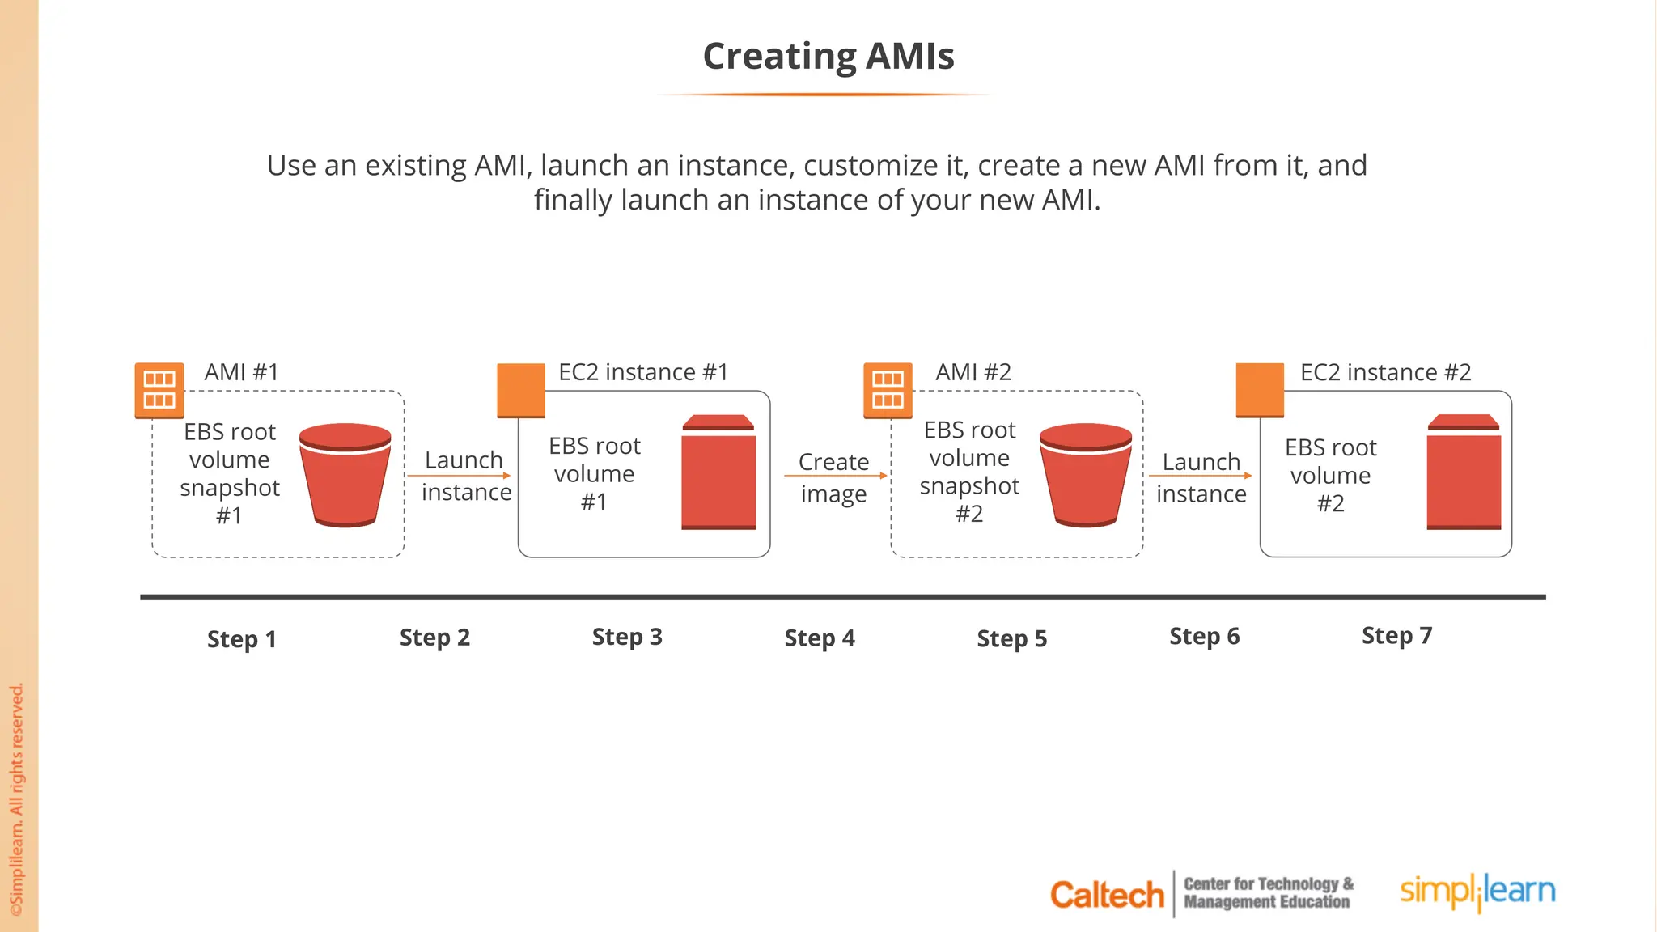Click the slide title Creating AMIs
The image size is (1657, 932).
(x=828, y=57)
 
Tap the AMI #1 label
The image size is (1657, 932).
(x=241, y=372)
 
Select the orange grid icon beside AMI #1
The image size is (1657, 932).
(x=159, y=390)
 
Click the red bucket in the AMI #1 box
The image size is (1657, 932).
(x=345, y=475)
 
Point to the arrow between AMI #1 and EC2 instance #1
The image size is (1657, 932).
(x=459, y=476)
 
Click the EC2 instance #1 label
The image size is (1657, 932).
(x=643, y=372)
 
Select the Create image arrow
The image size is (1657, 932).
(x=835, y=476)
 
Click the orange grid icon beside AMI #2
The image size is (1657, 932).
(x=888, y=390)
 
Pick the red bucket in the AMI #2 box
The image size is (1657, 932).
(x=1086, y=475)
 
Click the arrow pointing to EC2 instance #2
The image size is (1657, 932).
(x=1200, y=476)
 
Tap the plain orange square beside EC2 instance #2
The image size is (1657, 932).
(x=1260, y=390)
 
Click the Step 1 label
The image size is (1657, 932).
(x=242, y=639)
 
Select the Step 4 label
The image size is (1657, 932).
(x=820, y=638)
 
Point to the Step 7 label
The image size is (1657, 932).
(x=1397, y=636)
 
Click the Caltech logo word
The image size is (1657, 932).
(x=1106, y=895)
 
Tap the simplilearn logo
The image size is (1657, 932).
(x=1477, y=892)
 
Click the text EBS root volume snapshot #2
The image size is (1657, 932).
(x=969, y=472)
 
